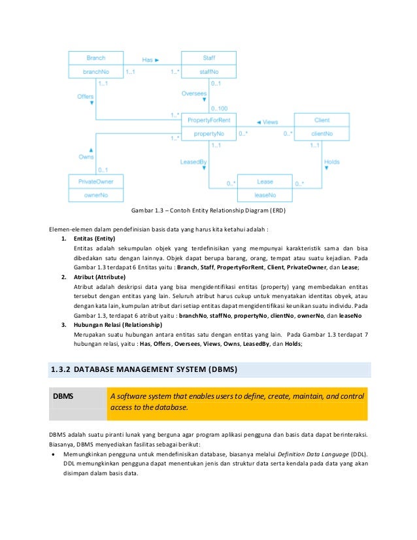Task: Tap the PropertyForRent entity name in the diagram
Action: (x=209, y=120)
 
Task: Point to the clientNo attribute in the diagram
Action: (x=322, y=133)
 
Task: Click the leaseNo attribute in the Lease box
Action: (x=265, y=195)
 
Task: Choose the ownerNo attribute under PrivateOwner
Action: (x=96, y=195)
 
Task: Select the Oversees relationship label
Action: (x=193, y=93)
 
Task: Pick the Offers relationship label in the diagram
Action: (x=86, y=97)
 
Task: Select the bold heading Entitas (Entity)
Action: (x=95, y=239)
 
